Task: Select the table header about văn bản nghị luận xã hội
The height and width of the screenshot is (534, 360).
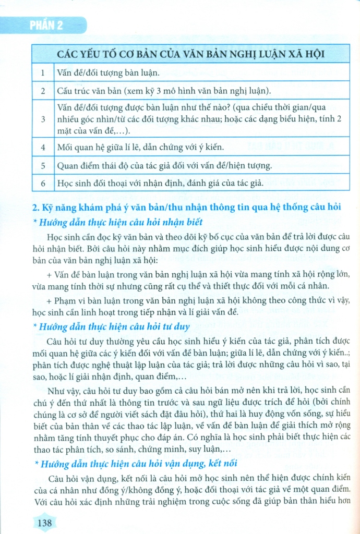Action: pyautogui.click(x=190, y=54)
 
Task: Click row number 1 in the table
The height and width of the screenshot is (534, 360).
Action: pyautogui.click(x=42, y=72)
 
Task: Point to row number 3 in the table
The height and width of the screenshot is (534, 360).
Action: pyautogui.click(x=42, y=118)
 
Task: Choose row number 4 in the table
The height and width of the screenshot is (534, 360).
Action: pyautogui.click(x=42, y=148)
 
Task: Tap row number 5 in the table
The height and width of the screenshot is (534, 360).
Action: pyautogui.click(x=42, y=166)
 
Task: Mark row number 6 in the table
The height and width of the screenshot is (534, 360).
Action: pyautogui.click(x=42, y=184)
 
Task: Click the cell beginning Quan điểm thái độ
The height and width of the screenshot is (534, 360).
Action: pyautogui.click(x=164, y=166)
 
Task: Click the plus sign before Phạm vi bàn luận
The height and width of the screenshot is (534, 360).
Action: pyautogui.click(x=49, y=301)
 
